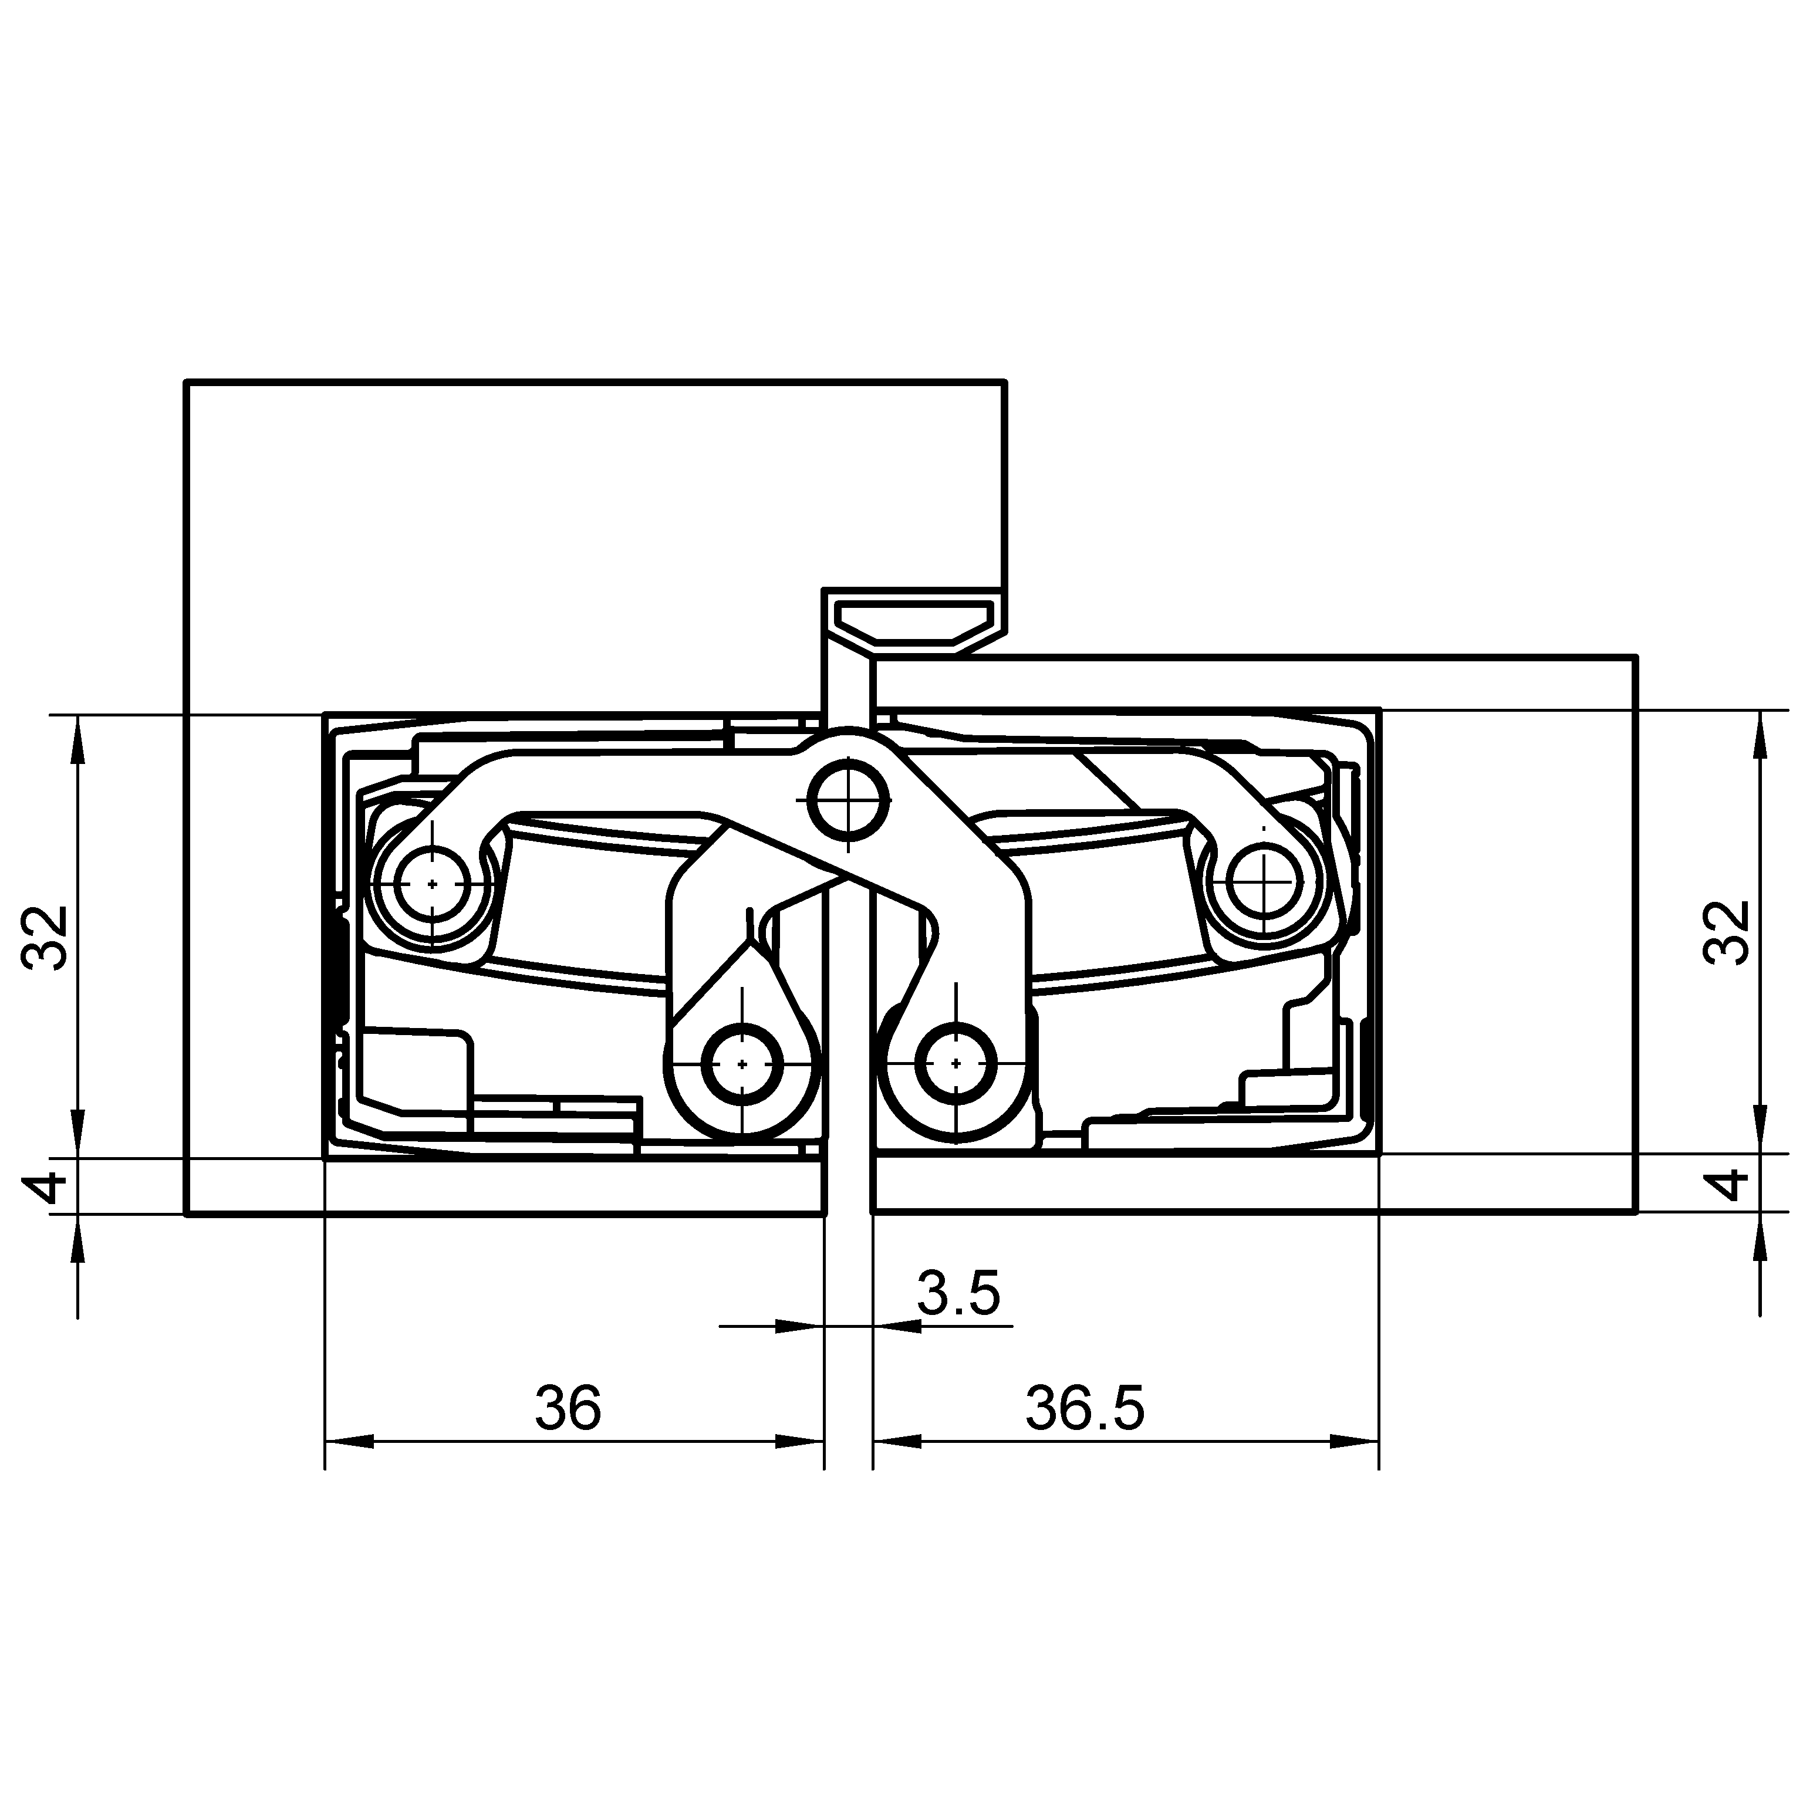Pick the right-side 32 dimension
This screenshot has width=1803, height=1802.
tap(1727, 932)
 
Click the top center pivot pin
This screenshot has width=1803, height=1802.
tap(848, 800)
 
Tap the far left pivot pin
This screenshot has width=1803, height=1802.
tap(432, 883)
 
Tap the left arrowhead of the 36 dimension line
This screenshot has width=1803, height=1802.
tap(349, 1442)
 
